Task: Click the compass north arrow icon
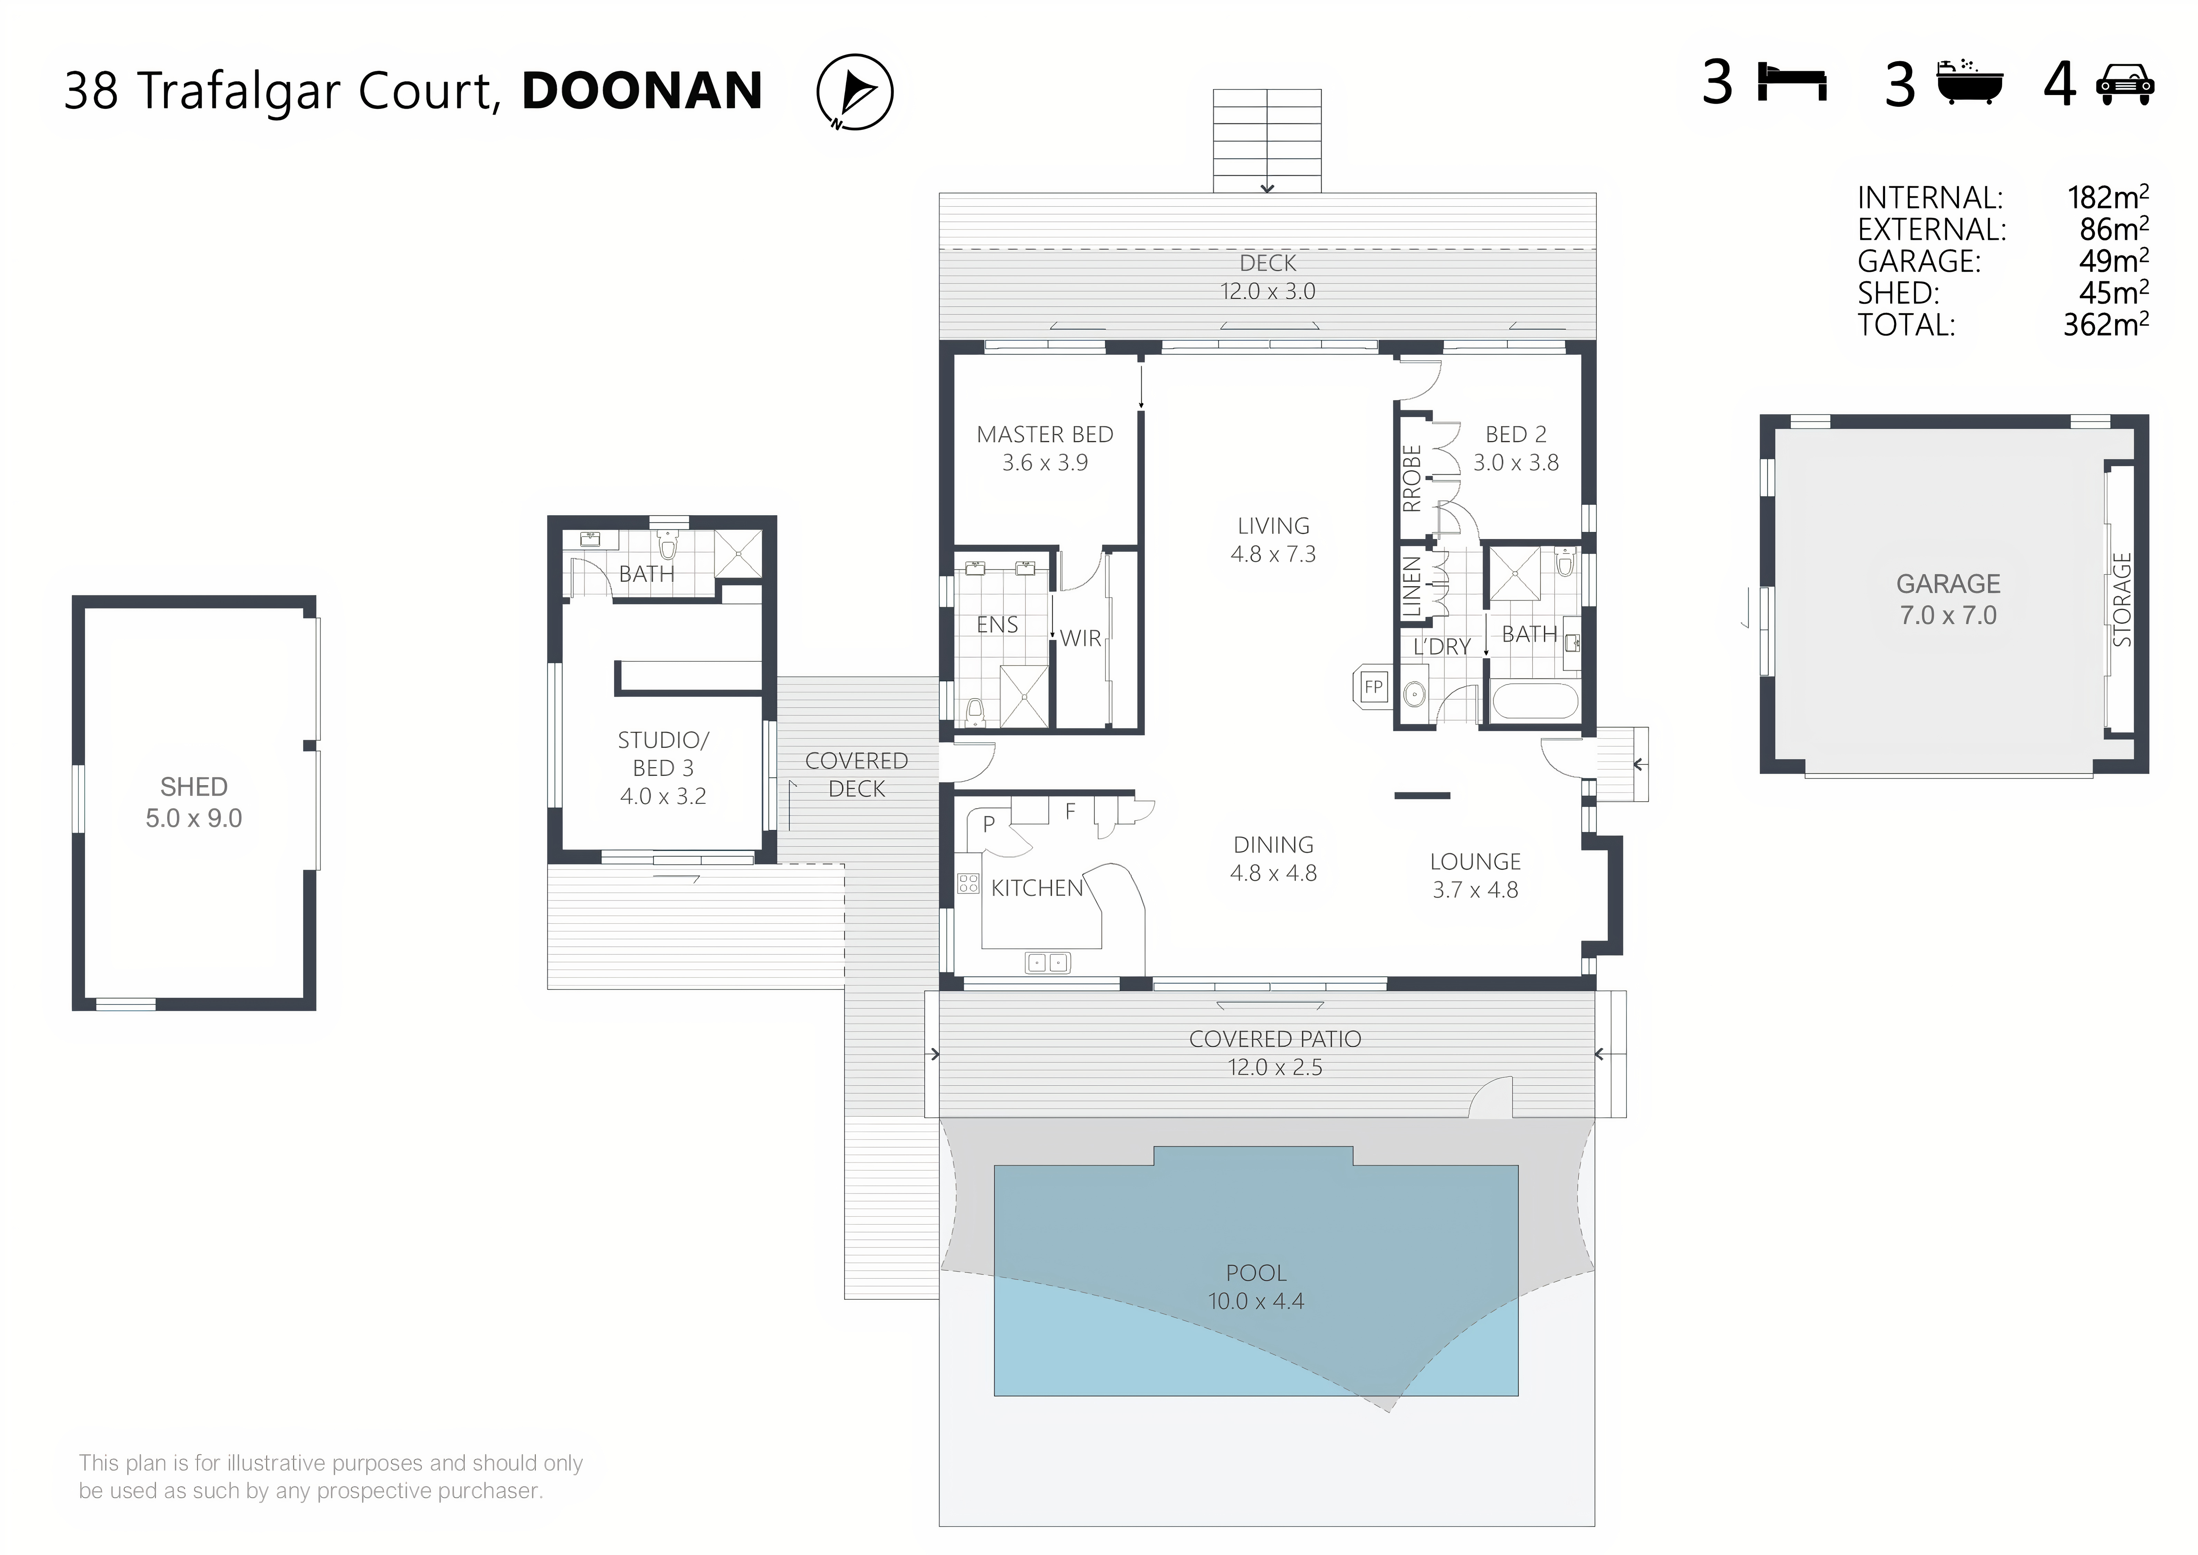click(855, 92)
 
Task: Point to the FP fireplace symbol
click(1373, 687)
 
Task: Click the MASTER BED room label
click(1044, 435)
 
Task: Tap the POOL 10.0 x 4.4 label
click(1256, 1287)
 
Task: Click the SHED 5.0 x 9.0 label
click(193, 802)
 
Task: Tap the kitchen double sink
click(1047, 962)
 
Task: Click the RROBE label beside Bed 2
click(1411, 479)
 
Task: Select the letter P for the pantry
click(989, 823)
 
